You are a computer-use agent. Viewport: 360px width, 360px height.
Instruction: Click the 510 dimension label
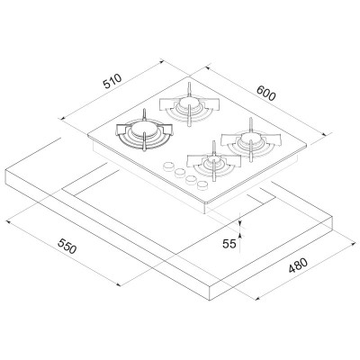tap(112, 81)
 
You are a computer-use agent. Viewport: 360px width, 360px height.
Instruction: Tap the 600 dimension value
tap(266, 93)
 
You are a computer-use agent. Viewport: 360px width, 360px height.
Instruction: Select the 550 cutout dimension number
tap(67, 247)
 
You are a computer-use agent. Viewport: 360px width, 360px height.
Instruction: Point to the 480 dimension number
tap(298, 265)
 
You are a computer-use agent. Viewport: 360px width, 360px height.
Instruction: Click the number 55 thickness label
tap(229, 244)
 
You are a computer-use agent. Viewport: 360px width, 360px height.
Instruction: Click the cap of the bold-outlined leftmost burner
tap(144, 130)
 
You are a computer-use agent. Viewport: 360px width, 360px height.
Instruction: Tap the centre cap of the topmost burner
tap(189, 103)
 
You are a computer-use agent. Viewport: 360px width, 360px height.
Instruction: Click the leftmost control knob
tap(168, 166)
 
